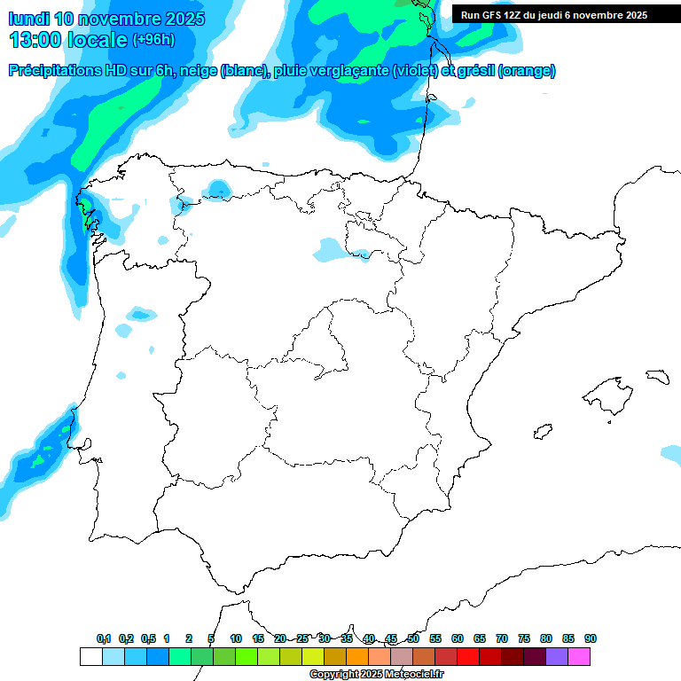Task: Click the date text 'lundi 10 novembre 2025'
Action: pyautogui.click(x=106, y=19)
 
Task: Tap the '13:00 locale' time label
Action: pyautogui.click(x=67, y=39)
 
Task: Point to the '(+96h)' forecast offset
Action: pyautogui.click(x=153, y=40)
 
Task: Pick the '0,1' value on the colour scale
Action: pyautogui.click(x=104, y=638)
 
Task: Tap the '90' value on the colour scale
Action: pyautogui.click(x=591, y=638)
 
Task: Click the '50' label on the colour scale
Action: pyautogui.click(x=413, y=638)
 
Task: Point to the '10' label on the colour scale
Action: pyautogui.click(x=236, y=638)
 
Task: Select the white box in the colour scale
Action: pyautogui.click(x=90, y=656)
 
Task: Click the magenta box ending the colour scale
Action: pyautogui.click(x=579, y=656)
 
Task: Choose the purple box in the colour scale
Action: pyautogui.click(x=557, y=656)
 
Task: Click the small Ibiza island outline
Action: pyautogui.click(x=542, y=432)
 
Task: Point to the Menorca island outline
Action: pyautogui.click(x=656, y=377)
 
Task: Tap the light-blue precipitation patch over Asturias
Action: pyautogui.click(x=217, y=189)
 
